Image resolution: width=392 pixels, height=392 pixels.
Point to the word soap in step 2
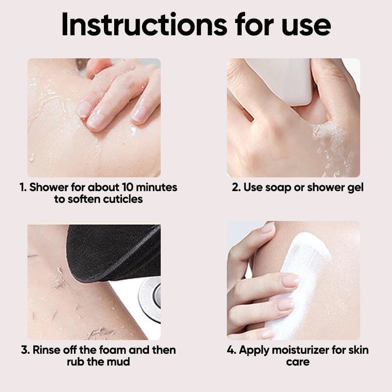pos(278,187)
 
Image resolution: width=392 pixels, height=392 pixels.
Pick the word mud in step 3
pos(119,362)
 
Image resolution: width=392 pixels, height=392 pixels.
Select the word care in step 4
pos(298,362)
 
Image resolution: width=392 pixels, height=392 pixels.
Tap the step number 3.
pos(25,350)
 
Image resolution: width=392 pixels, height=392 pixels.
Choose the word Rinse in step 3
pos(47,350)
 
